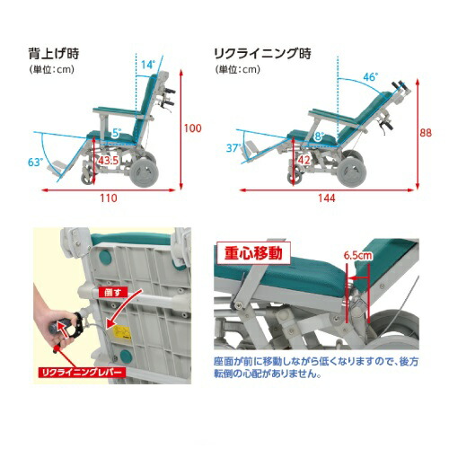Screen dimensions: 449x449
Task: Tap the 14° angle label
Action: click(x=148, y=65)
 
